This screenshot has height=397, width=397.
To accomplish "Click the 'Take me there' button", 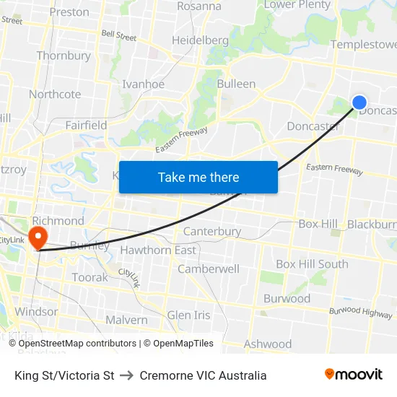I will (x=198, y=177).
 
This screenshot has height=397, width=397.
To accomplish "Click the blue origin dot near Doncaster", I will (x=359, y=103).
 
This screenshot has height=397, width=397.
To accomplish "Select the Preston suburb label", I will (x=69, y=12).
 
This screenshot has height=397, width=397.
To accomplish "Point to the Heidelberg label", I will (x=200, y=40).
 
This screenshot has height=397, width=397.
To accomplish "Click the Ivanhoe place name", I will (x=143, y=84).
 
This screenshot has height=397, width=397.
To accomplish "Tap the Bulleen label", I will (x=236, y=84).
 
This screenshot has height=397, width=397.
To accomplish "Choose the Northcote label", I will (x=55, y=95).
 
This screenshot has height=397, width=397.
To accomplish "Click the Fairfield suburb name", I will (x=86, y=125).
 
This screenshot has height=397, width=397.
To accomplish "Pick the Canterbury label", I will (x=212, y=232).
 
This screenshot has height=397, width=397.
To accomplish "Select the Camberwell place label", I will (x=209, y=269).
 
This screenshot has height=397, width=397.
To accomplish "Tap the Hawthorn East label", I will (x=158, y=250).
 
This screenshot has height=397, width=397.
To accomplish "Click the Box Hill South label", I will (x=312, y=264).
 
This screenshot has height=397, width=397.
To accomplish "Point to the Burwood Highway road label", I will (x=360, y=311).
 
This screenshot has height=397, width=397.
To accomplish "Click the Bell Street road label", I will (x=119, y=34).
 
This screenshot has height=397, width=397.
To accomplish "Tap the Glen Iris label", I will (x=188, y=315).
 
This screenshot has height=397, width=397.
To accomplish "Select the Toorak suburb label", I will (x=90, y=277).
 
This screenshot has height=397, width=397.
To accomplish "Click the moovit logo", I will (x=354, y=375).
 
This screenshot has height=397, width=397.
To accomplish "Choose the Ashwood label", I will (x=268, y=344).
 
